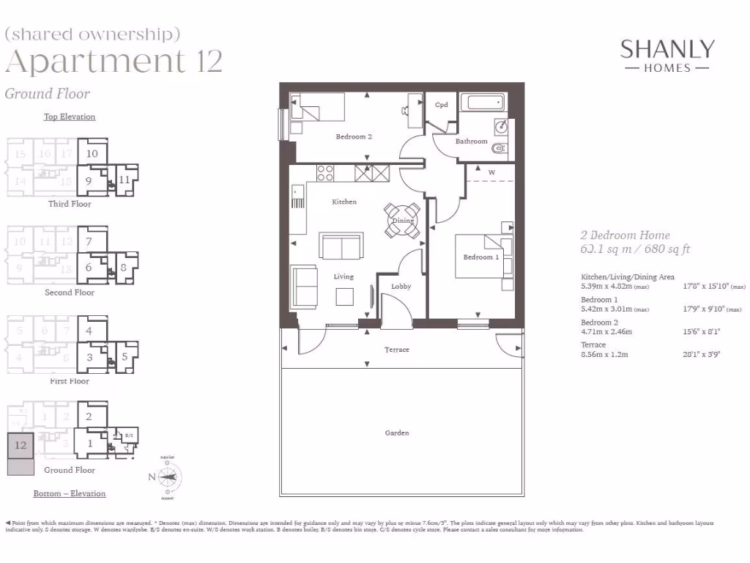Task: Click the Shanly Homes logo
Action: click(x=667, y=56)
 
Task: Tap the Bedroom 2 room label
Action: click(x=354, y=136)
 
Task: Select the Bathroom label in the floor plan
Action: click(x=471, y=141)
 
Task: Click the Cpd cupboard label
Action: click(x=441, y=105)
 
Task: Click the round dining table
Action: click(x=403, y=221)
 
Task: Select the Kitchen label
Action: click(x=344, y=202)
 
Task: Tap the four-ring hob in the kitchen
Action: click(x=324, y=173)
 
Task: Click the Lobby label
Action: click(x=401, y=286)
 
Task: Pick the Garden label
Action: click(x=397, y=433)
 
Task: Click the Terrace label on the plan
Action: click(x=397, y=350)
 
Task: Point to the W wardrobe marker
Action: click(x=491, y=172)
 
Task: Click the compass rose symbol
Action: click(x=168, y=477)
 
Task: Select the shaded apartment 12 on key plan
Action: click(x=21, y=445)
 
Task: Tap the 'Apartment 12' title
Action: click(x=114, y=62)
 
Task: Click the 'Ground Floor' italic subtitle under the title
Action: click(x=47, y=93)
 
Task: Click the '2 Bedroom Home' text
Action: click(x=625, y=235)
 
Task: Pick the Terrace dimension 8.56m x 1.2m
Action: click(x=604, y=354)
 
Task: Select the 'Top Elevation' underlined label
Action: click(x=70, y=117)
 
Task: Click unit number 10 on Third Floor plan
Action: click(x=92, y=153)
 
